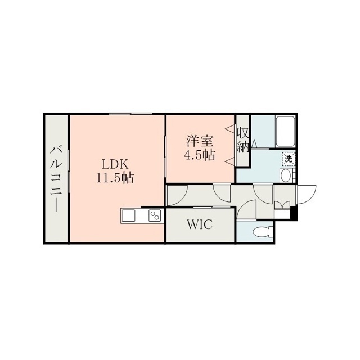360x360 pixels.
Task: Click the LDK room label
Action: (115, 165)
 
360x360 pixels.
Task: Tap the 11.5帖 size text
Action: (115, 178)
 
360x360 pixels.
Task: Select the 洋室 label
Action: (200, 141)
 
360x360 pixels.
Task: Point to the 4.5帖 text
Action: (200, 155)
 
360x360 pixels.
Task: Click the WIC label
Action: (200, 224)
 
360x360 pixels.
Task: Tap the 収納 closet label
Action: (242, 139)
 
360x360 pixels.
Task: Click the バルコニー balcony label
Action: (56, 178)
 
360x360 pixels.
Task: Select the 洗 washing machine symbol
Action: (289, 159)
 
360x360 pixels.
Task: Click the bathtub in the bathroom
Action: (285, 131)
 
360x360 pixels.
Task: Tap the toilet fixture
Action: (263, 231)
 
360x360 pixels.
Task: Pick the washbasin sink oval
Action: (285, 175)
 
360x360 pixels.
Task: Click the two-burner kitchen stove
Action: (155, 216)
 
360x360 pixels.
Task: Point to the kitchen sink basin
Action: (128, 216)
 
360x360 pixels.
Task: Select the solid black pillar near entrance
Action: (294, 213)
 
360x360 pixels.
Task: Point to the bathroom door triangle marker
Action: (254, 143)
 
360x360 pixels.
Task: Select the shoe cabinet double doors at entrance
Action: (282, 204)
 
